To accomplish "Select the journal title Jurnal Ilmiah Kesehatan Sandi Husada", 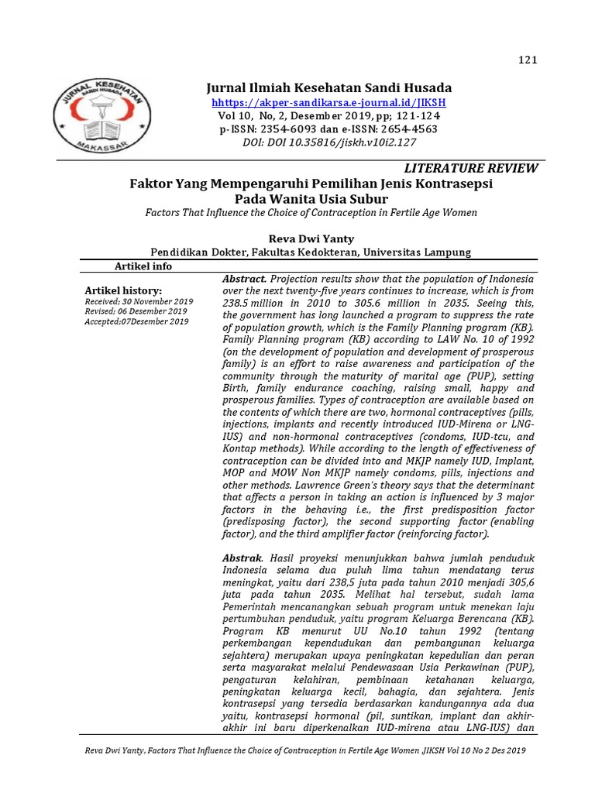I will coord(328,88).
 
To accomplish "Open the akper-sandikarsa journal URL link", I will coord(328,102).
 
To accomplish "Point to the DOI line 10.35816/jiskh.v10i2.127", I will coord(328,142).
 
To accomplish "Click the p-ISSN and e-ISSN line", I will coord(328,129).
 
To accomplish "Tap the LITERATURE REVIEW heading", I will coord(471,169).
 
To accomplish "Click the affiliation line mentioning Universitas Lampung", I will coord(310,252).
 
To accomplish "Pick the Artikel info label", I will coord(143,266).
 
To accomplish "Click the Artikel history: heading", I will coord(123,290).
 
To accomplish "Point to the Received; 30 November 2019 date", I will coord(139,301).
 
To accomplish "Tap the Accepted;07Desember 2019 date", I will coord(136,321).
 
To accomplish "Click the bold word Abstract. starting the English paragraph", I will coord(245,279).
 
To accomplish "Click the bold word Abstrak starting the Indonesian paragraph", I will coord(242,558).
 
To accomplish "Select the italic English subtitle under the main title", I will coord(311,212).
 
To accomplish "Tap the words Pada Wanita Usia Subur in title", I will coord(311,198).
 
